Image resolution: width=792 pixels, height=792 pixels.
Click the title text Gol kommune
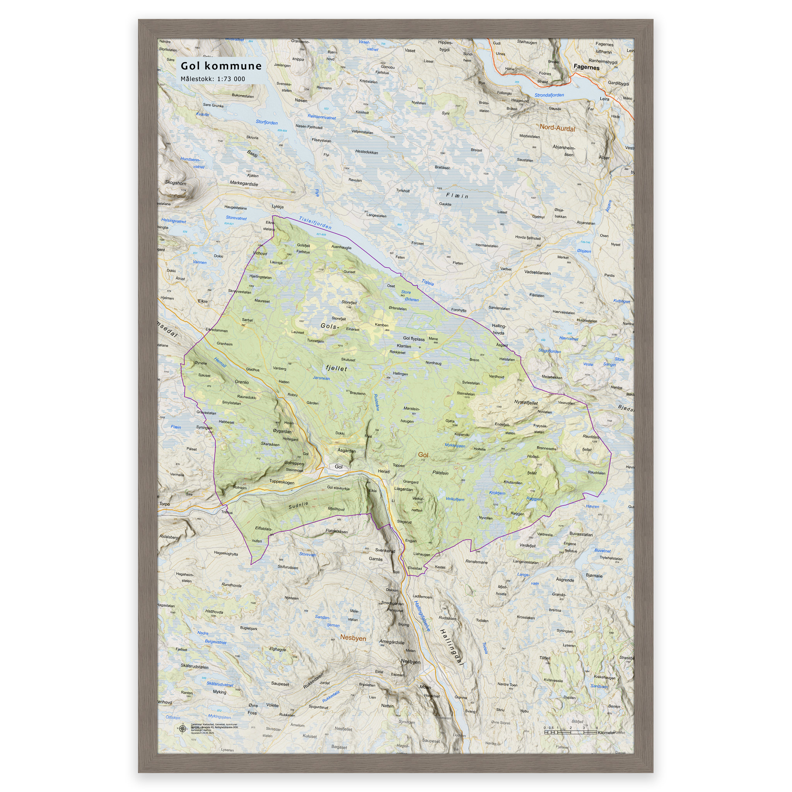(221, 66)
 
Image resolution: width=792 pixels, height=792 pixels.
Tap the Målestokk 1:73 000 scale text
(213, 79)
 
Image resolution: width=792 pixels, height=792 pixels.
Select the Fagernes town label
(586, 67)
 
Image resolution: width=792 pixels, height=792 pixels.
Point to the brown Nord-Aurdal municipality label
(557, 128)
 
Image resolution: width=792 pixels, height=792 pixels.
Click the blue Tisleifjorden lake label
(315, 223)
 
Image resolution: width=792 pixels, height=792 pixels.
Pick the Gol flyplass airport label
(414, 339)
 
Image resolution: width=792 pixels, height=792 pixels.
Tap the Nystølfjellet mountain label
(526, 403)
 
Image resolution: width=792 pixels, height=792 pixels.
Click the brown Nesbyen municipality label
(353, 638)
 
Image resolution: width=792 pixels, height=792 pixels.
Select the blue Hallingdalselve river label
(422, 616)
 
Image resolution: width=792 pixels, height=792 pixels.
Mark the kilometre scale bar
(570, 732)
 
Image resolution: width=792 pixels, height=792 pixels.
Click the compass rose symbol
(182, 728)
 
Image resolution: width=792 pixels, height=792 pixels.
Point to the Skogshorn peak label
(176, 183)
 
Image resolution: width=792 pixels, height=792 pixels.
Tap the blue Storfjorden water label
(266, 122)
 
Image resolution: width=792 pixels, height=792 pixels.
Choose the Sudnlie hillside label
(298, 505)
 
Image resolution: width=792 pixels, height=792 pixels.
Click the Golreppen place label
(294, 463)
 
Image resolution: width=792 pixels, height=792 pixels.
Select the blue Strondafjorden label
(549, 95)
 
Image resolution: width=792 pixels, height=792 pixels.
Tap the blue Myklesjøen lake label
(455, 445)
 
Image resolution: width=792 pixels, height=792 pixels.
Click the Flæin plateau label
(457, 196)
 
